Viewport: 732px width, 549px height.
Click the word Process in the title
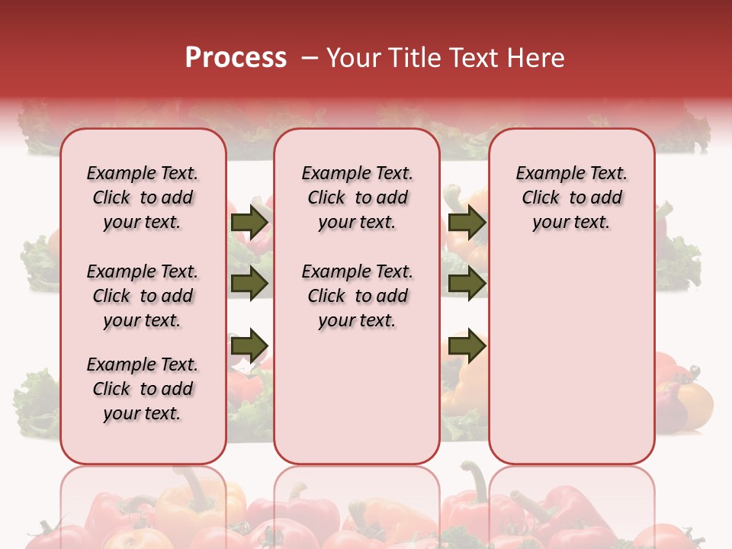[x=236, y=58]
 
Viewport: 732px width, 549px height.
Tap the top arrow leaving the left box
[x=249, y=223]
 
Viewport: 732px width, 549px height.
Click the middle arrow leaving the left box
[x=249, y=284]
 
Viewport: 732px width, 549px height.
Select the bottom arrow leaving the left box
[x=249, y=345]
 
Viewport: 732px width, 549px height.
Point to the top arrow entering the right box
[x=467, y=223]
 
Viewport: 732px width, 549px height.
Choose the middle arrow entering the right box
[x=467, y=284]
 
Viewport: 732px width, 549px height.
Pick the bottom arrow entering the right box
[x=467, y=345]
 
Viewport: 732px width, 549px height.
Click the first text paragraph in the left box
[x=143, y=197]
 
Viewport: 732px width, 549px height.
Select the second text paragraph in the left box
[x=143, y=296]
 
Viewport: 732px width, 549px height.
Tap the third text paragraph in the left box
[x=143, y=389]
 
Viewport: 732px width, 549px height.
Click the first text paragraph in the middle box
[x=357, y=197]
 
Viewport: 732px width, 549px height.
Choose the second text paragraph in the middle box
[x=357, y=296]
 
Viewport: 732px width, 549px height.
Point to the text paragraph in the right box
[x=571, y=197]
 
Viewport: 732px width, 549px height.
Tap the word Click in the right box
[x=541, y=198]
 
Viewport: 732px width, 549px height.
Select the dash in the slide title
[x=310, y=58]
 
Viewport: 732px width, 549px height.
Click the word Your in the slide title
[x=348, y=58]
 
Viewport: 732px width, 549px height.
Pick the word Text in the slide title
[x=467, y=58]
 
